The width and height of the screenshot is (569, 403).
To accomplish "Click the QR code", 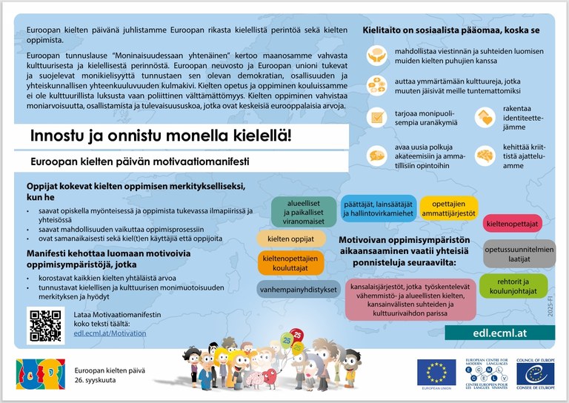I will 46,324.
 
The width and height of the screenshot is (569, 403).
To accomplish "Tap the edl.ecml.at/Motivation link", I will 110,333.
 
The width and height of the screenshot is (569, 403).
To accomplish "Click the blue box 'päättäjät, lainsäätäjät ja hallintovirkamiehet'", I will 376,208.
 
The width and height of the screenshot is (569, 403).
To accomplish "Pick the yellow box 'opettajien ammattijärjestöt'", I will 448,208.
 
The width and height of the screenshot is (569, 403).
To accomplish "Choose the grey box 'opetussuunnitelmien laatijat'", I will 519,254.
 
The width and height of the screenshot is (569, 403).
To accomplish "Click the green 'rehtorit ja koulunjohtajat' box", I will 513,287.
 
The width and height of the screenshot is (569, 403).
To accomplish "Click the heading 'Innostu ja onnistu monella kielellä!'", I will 161,136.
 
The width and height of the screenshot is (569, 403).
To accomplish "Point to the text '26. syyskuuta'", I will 99,378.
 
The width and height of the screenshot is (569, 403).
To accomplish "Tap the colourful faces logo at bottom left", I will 41,373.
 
